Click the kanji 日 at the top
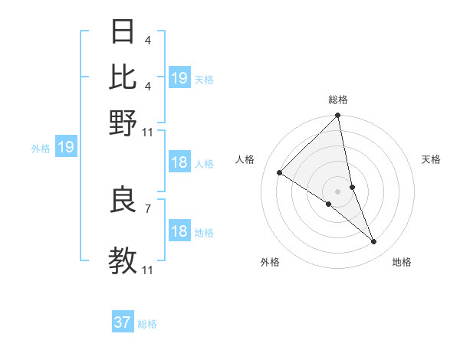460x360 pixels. (x=123, y=32)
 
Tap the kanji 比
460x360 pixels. (x=123, y=77)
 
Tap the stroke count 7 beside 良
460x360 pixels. (x=147, y=208)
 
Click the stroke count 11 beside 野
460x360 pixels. (x=148, y=132)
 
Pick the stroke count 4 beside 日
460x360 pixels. (x=147, y=41)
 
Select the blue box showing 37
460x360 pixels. (x=123, y=322)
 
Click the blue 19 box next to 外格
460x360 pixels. (x=66, y=147)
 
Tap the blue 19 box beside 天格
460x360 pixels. (x=179, y=78)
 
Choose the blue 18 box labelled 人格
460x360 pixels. (x=179, y=162)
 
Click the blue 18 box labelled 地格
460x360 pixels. (x=179, y=231)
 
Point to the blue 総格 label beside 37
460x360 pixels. (x=147, y=324)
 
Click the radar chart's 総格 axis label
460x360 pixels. (x=338, y=100)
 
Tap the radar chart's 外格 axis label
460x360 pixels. (x=270, y=262)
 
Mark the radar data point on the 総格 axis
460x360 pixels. (x=338, y=116)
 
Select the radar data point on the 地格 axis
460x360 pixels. (x=374, y=242)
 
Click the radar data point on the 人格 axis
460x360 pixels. (x=280, y=172)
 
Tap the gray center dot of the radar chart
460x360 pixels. (x=338, y=191)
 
